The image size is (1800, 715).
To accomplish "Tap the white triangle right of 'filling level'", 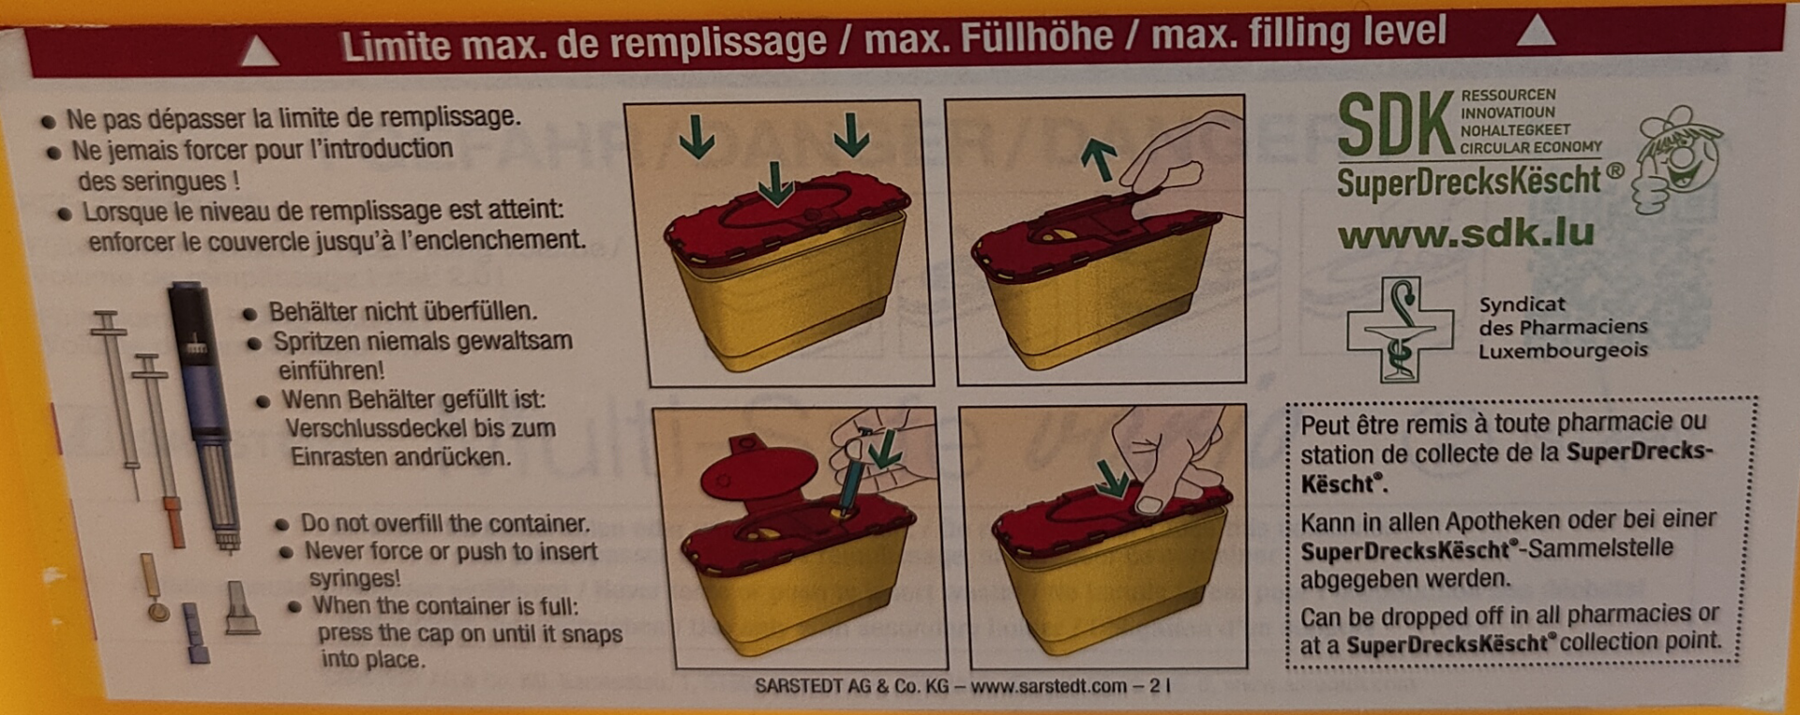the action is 1536,31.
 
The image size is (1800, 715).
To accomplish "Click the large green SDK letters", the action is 1396,125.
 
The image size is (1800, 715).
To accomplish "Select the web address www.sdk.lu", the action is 1465,233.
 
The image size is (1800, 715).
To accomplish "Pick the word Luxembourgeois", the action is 1563,350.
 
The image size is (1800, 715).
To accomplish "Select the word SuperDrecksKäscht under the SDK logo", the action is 1469,181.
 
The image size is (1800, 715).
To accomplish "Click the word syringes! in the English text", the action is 355,578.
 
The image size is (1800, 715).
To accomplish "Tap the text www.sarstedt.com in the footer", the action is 1048,686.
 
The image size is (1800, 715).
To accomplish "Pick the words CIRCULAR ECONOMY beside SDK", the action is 1531,147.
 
